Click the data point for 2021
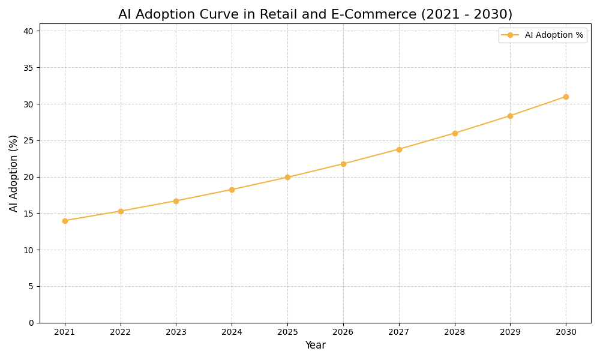point(65,221)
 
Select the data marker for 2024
point(232,190)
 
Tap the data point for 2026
point(343,164)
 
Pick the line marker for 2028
point(455,133)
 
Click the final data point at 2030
point(566,97)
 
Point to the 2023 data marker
point(176,201)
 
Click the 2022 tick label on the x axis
point(121,332)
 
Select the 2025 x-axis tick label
point(287,332)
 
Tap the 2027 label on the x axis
point(399,332)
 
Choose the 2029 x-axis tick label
point(510,332)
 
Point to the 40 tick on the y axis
point(29,31)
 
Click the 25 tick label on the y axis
point(29,140)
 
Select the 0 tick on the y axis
point(31,323)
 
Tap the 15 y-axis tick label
point(29,214)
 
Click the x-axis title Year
point(315,346)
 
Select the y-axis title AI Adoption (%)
point(14,173)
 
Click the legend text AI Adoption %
point(554,35)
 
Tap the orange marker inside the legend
point(510,35)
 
